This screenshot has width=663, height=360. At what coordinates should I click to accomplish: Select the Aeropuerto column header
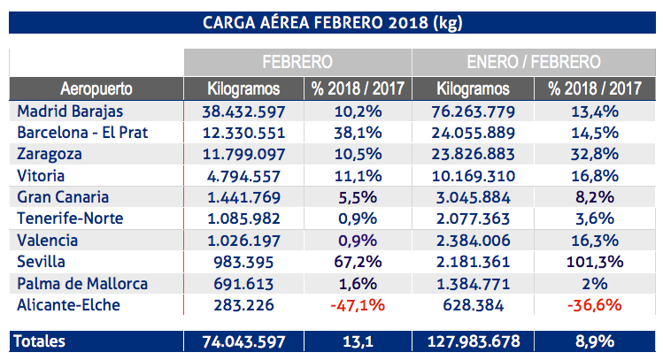click(96, 89)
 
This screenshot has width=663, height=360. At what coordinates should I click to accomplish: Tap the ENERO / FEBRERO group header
click(533, 63)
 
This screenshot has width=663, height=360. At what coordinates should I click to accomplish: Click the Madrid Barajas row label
click(70, 112)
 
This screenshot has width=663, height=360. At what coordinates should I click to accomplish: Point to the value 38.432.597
click(243, 112)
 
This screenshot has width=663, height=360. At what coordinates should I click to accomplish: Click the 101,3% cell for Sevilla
click(594, 263)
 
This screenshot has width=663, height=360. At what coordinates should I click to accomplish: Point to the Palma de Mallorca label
click(82, 284)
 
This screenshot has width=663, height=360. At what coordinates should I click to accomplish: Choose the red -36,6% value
click(594, 306)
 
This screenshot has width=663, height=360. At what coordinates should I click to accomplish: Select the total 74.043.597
click(243, 341)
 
